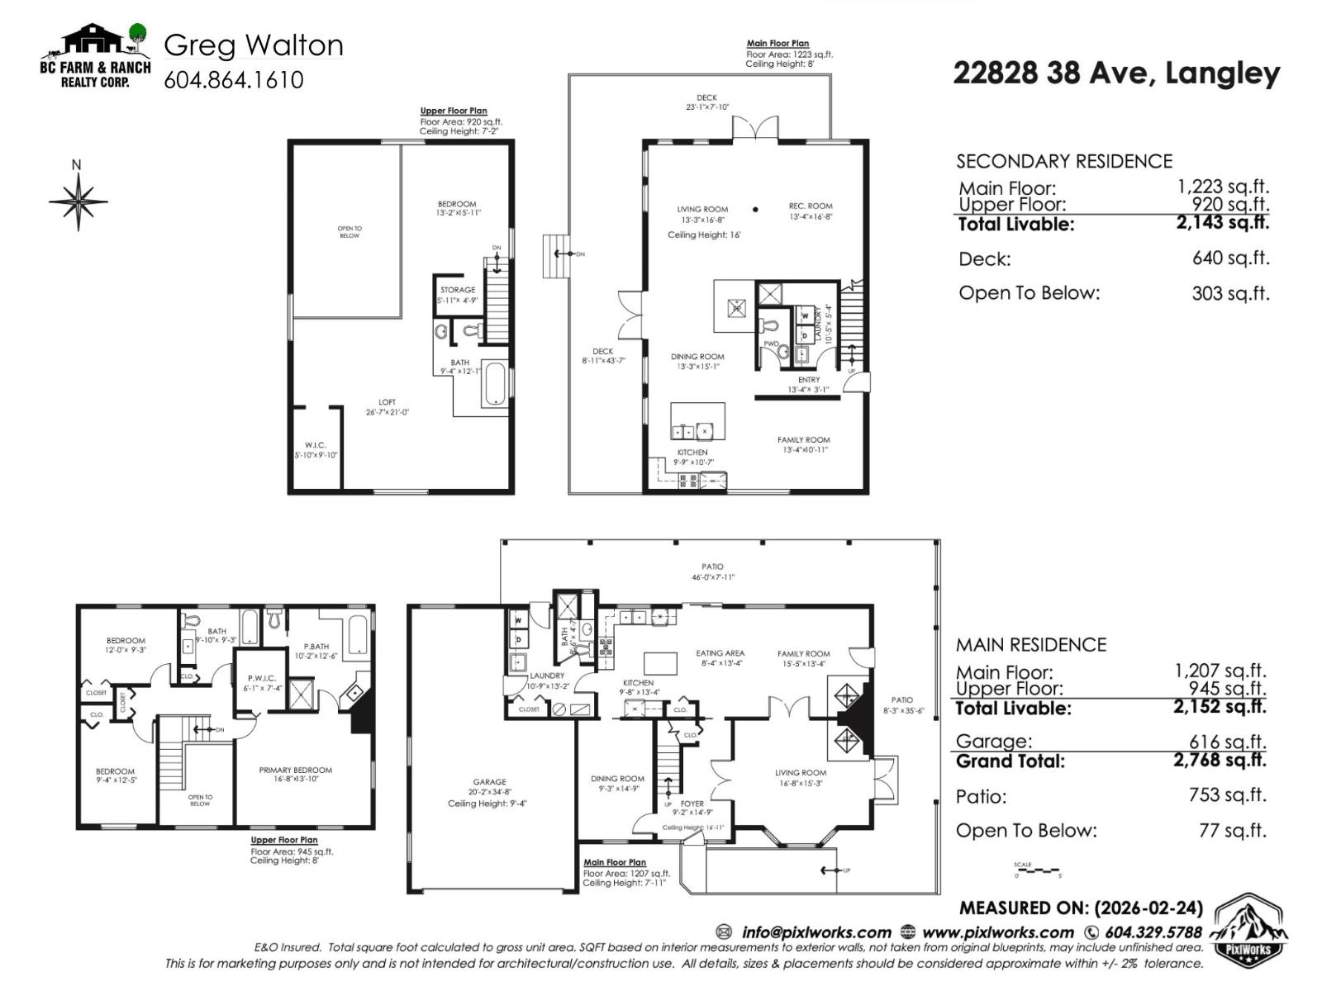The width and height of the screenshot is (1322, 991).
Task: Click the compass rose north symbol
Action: click(x=78, y=198)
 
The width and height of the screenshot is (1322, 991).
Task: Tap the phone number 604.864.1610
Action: click(x=234, y=80)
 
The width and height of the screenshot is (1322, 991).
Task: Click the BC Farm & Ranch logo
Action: click(x=96, y=55)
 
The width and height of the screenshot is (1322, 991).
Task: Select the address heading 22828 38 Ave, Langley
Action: click(x=1116, y=73)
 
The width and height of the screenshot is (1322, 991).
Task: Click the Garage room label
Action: click(x=489, y=782)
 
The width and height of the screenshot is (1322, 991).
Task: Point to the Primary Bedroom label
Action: click(x=295, y=770)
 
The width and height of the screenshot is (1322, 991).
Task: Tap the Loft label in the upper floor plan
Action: click(x=387, y=402)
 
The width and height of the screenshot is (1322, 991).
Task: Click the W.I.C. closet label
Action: click(x=315, y=445)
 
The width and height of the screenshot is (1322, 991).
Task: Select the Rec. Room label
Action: click(x=810, y=206)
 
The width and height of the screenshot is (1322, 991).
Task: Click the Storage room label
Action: click(x=458, y=290)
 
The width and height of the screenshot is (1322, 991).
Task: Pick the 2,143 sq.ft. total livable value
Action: click(x=1222, y=222)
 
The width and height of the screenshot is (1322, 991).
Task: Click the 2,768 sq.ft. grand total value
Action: click(x=1219, y=759)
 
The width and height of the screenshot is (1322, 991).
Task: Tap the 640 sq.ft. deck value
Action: click(x=1229, y=258)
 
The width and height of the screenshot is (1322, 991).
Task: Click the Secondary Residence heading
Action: click(x=1064, y=161)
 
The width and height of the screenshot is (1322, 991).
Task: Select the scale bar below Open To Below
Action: click(x=1037, y=870)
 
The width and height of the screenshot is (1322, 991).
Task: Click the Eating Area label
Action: click(x=720, y=653)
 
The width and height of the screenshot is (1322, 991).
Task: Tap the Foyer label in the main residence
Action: click(x=692, y=803)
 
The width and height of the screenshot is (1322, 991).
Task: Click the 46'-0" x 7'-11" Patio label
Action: click(x=712, y=571)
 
